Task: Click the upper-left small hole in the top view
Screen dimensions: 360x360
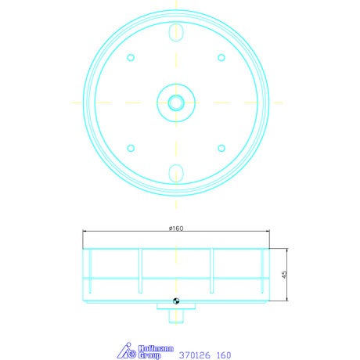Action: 131,57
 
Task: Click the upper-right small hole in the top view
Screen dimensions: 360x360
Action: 221,57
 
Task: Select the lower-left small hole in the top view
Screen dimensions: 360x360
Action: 131,148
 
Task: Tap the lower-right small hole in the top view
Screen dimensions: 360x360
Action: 221,148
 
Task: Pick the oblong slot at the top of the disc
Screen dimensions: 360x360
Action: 176,32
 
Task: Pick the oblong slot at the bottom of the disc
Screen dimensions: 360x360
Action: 176,173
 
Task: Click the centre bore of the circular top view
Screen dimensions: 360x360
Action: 176,103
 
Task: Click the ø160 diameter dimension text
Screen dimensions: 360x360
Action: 176,229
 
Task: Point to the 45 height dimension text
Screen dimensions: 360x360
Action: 284,274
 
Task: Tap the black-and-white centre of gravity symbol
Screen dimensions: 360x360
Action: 176,301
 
